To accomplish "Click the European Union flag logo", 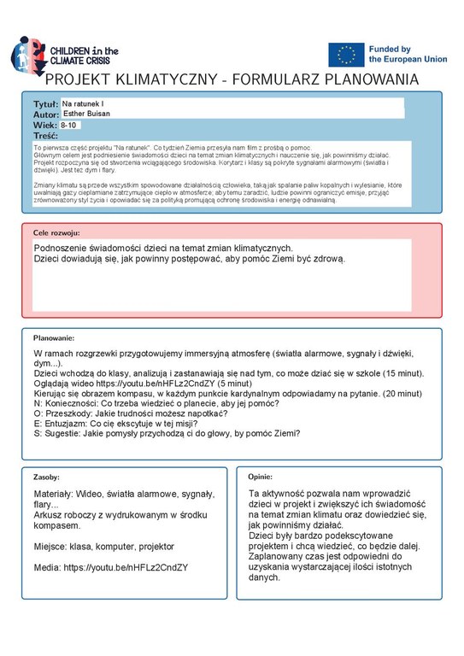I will (x=346, y=55).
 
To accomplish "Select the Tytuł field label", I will (x=45, y=102).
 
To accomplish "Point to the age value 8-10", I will (x=68, y=125).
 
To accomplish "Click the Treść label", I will (x=45, y=136).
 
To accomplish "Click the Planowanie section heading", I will (x=55, y=338).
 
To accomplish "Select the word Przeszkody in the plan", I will (x=68, y=408).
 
